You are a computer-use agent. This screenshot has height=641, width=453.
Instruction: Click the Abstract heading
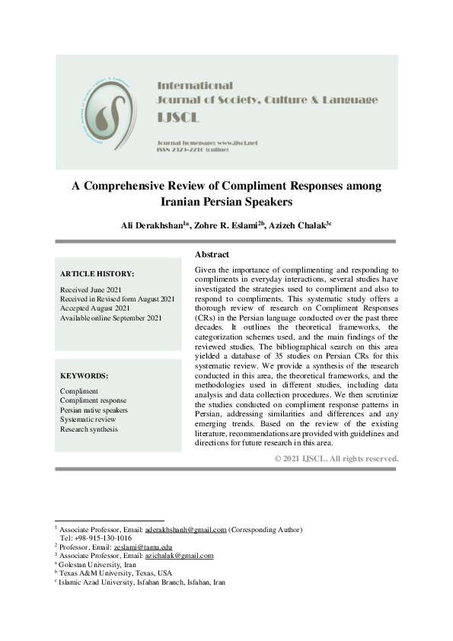(212, 254)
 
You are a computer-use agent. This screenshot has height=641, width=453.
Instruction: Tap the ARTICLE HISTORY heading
(97, 273)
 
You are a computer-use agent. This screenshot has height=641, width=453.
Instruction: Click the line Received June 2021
(91, 290)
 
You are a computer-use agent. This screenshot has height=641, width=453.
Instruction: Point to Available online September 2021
(110, 317)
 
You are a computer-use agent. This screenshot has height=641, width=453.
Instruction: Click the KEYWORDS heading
(84, 375)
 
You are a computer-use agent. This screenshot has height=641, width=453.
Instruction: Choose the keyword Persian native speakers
(94, 410)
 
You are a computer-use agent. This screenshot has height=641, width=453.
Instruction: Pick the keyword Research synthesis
(88, 429)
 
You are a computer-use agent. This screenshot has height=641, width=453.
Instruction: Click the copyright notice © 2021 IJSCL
(336, 458)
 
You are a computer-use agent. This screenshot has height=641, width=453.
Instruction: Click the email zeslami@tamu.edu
(140, 547)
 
